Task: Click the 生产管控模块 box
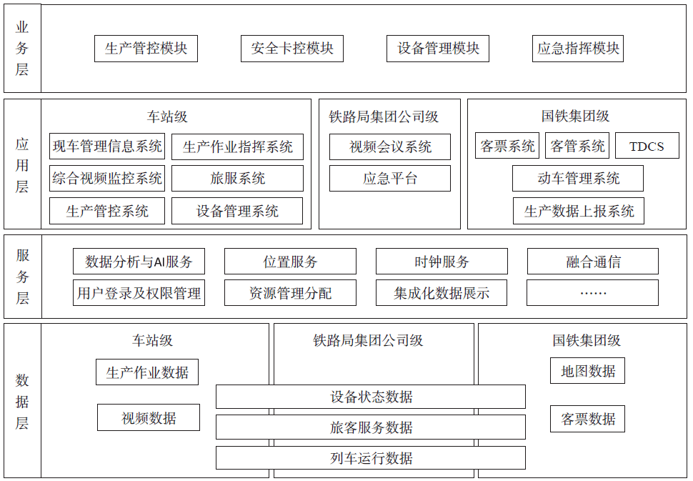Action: click(146, 49)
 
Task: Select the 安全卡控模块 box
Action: click(292, 49)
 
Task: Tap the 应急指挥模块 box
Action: click(578, 49)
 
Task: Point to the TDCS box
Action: click(646, 147)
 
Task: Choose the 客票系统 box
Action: click(507, 147)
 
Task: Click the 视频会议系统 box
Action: click(390, 147)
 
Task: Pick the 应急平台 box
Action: click(390, 179)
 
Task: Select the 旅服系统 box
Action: click(237, 179)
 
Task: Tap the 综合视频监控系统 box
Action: click(107, 179)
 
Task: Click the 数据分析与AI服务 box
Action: click(139, 262)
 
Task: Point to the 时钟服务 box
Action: click(442, 262)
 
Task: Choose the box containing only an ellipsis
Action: click(593, 292)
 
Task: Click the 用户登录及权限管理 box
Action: click(139, 292)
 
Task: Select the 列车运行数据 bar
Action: click(371, 458)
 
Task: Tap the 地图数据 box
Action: click(587, 371)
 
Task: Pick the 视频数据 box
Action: click(149, 418)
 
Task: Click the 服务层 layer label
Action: click(22, 277)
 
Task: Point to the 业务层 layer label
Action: click(22, 49)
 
